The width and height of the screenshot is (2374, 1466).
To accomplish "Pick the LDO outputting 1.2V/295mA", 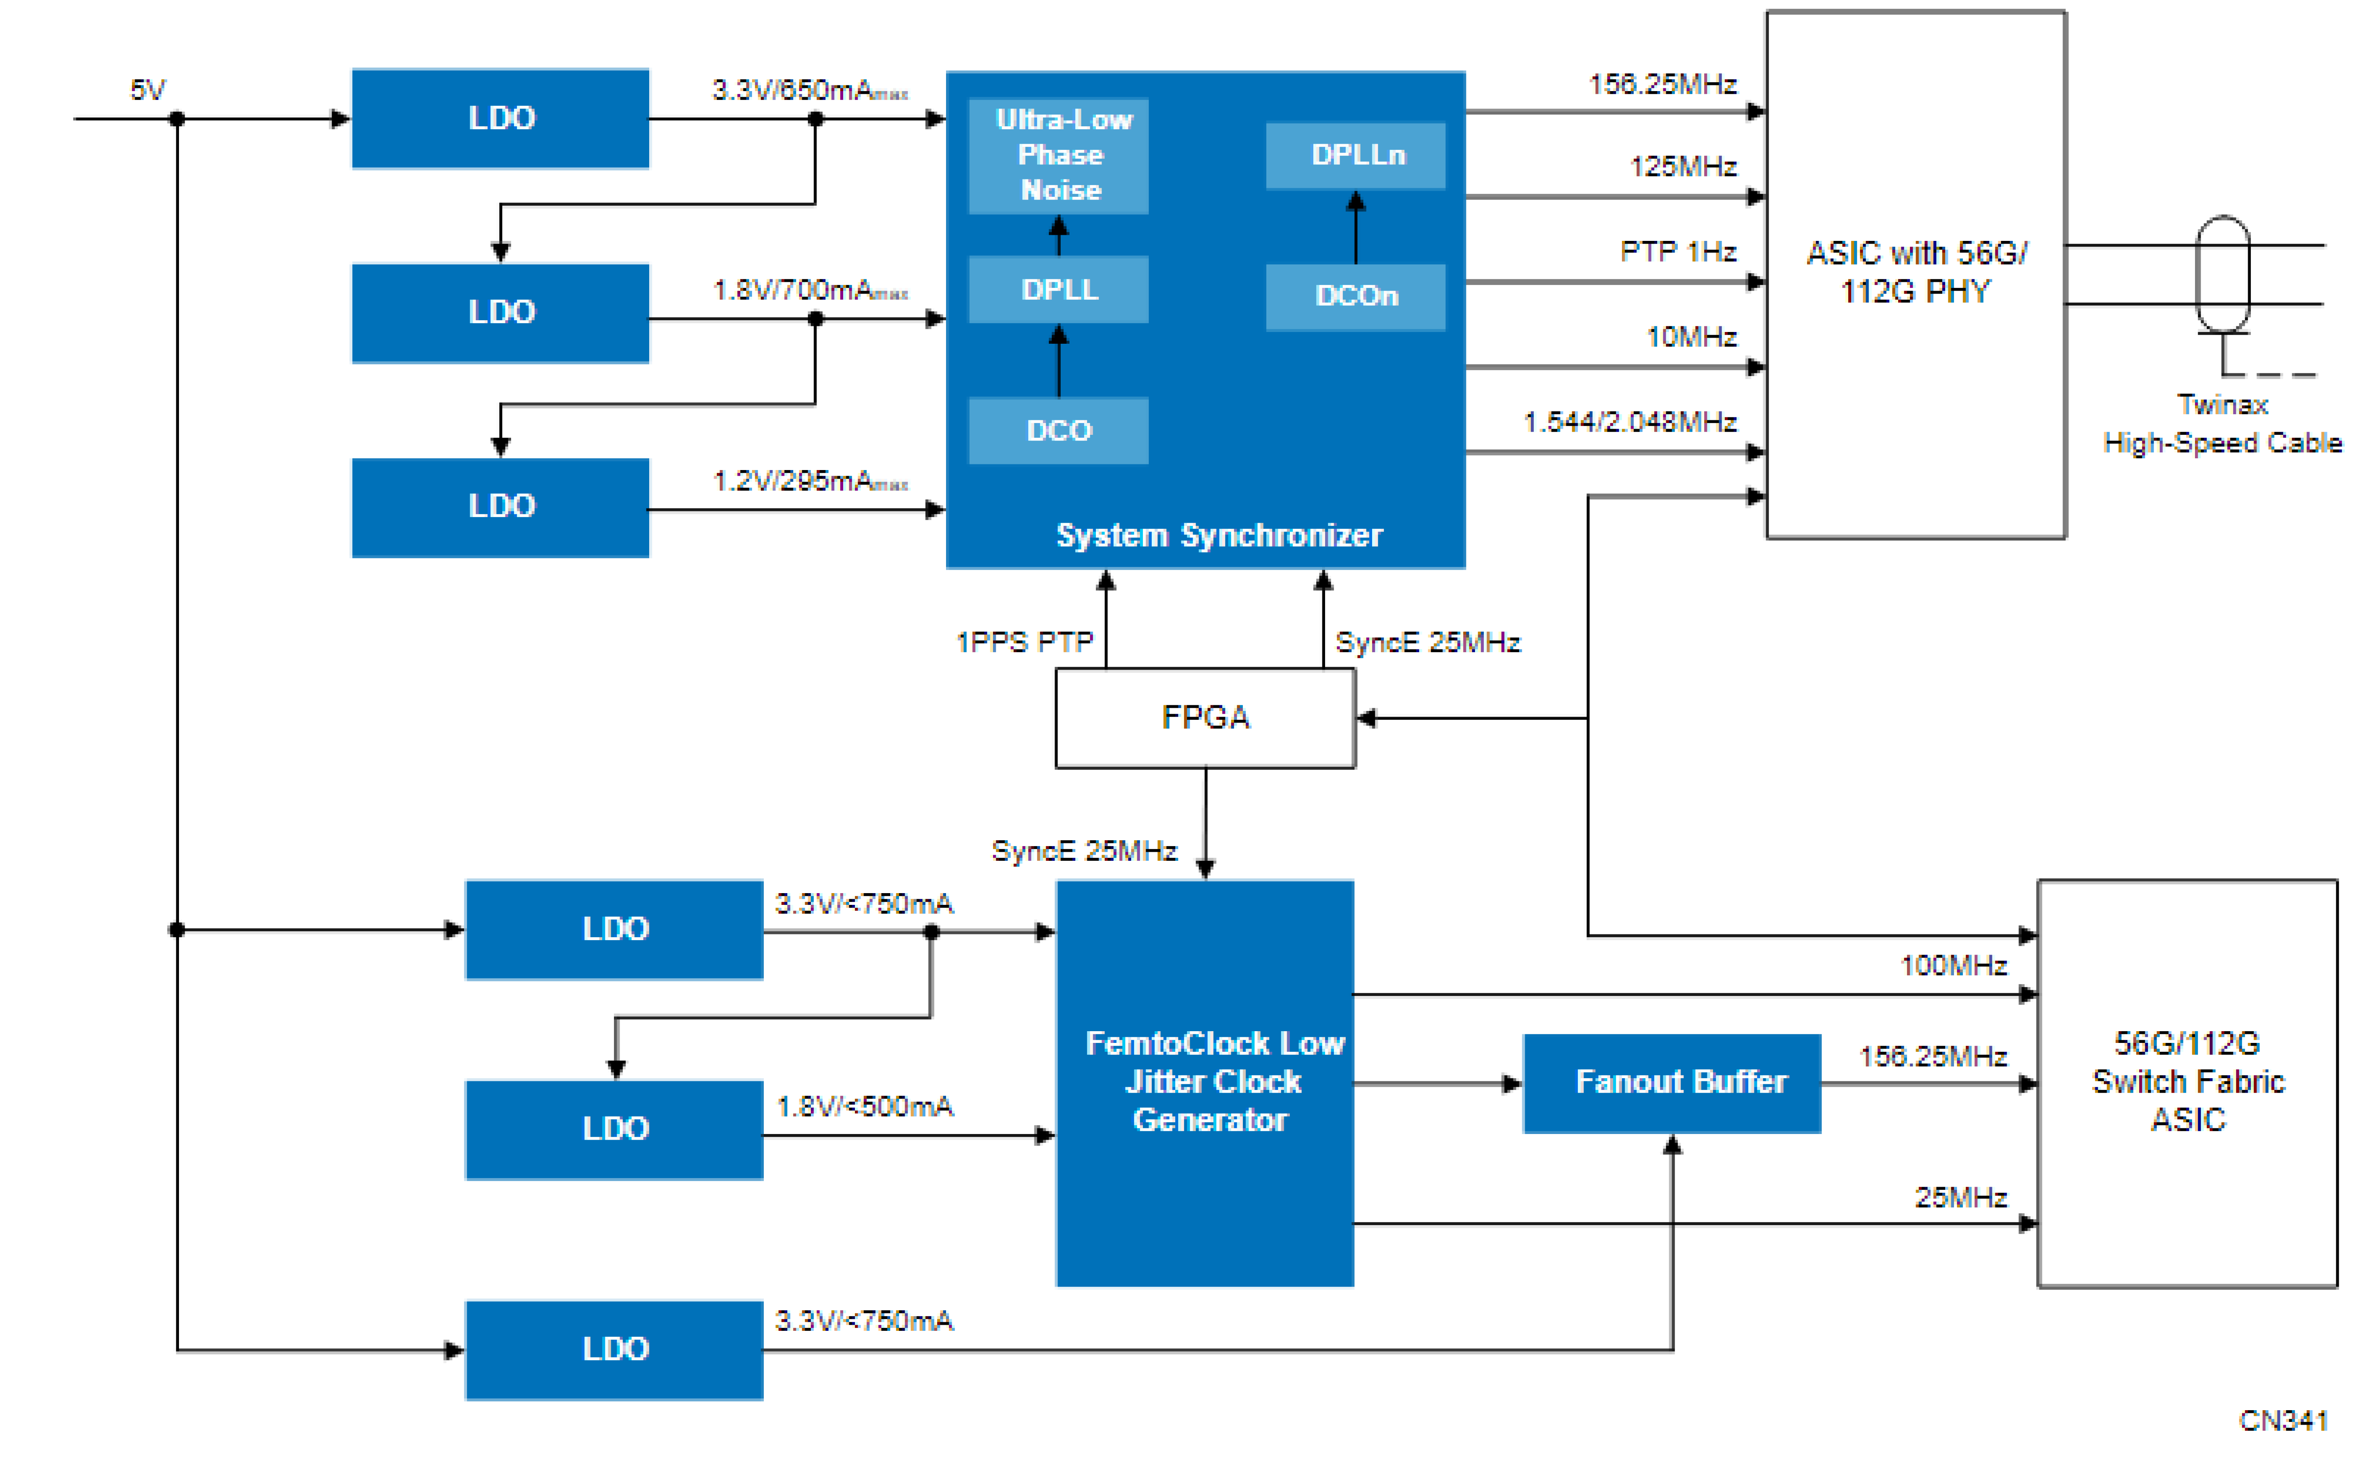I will [501, 506].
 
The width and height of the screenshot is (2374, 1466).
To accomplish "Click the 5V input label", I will [147, 90].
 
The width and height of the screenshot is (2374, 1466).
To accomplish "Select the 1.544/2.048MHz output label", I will [1629, 422].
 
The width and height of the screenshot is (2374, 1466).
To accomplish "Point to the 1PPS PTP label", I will [1024, 642].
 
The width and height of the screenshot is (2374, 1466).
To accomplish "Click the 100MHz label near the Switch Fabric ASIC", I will [1952, 966].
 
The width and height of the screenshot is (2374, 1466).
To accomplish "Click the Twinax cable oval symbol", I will [2222, 274].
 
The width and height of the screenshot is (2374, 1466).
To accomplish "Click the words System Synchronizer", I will [1218, 535].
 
